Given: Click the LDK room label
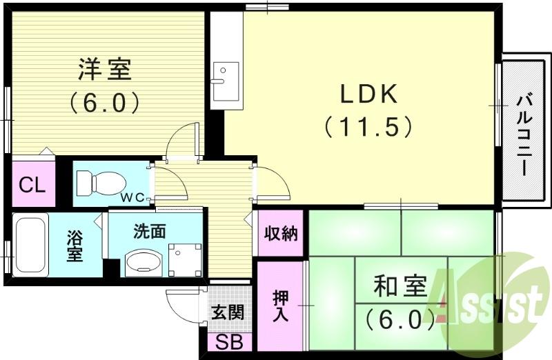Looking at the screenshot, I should [368, 94].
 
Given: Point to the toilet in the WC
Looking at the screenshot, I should [99, 183].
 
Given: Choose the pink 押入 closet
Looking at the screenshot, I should [281, 306].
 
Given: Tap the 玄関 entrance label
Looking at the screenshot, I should [227, 312].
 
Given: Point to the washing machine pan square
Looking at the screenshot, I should [183, 259].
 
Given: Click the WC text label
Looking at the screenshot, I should [134, 198].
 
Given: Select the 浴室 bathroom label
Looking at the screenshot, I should [75, 246].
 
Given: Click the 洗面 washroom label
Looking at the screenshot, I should [150, 231].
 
